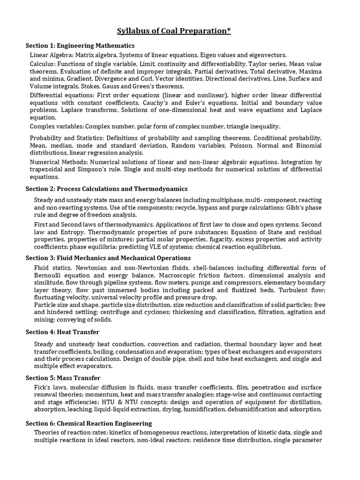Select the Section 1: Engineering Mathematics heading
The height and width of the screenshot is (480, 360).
(80, 46)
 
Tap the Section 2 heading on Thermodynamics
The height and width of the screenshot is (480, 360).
(106, 188)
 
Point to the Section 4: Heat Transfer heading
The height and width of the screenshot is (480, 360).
(62, 332)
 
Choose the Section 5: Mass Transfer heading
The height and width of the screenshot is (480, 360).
(63, 378)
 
